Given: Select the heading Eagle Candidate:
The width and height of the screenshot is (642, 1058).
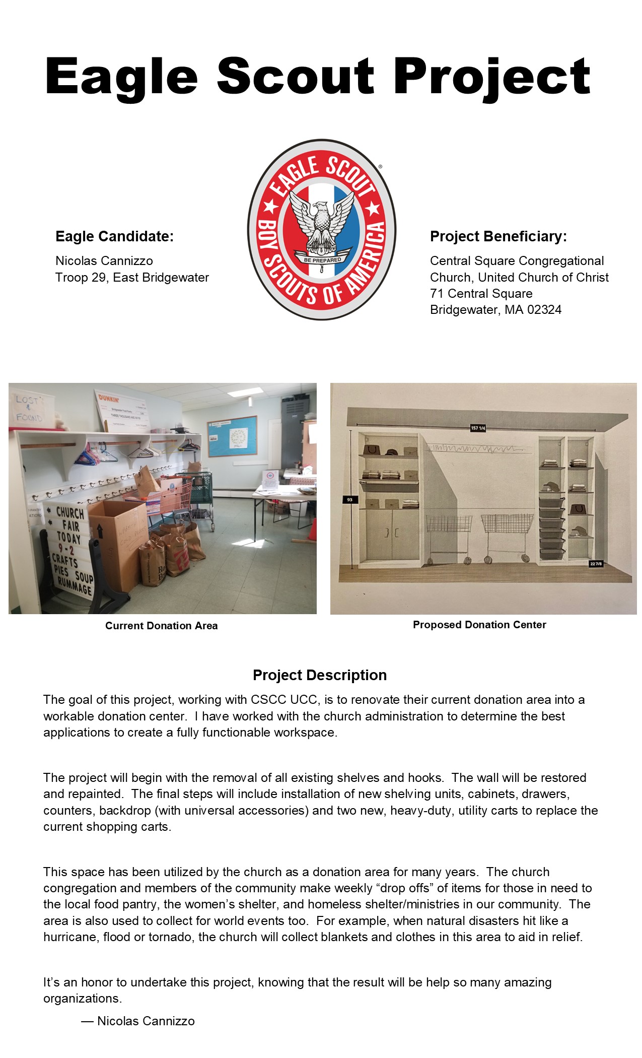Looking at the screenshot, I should coord(114,236).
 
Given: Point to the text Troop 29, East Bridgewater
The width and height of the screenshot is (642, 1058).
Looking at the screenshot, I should coord(132,278).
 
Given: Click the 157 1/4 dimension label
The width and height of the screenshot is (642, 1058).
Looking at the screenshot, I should coord(477,428).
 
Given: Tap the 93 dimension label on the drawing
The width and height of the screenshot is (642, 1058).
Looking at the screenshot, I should coord(349,500).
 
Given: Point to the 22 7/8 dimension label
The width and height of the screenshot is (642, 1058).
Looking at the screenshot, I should coord(596,564).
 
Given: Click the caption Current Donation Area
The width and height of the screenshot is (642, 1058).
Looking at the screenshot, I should coord(161,626).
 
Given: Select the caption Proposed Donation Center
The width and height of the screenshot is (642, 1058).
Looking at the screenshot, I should coord(479,625).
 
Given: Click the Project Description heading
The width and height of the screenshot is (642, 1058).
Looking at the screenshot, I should coord(320,675).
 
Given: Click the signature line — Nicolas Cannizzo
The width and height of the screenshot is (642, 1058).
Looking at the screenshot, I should coord(138,1021).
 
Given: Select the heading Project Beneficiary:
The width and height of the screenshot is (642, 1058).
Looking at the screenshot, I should coord(498,236).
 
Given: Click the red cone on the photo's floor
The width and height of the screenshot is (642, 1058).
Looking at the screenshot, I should coord(312,529).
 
